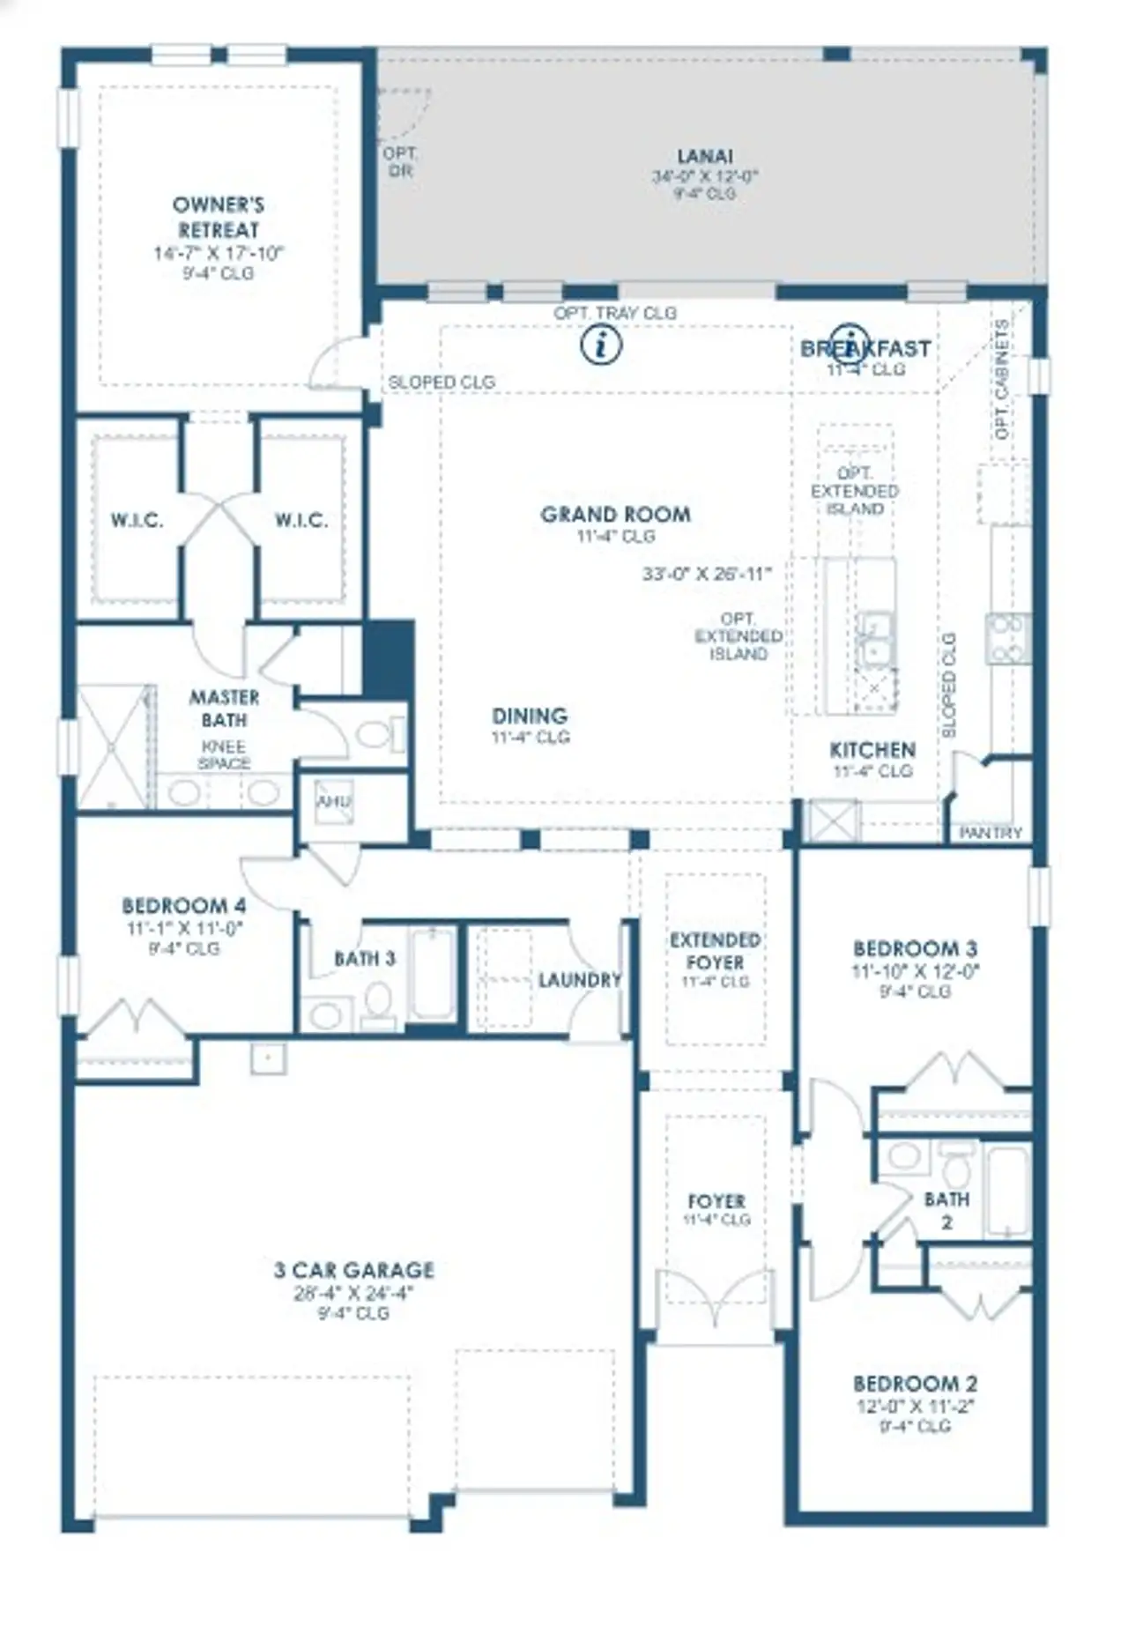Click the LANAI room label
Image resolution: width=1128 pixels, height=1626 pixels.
click(705, 157)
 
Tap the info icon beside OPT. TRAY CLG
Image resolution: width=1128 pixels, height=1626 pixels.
click(602, 344)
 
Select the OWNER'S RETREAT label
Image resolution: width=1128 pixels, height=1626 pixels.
click(218, 217)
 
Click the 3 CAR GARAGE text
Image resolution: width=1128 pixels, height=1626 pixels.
click(353, 1270)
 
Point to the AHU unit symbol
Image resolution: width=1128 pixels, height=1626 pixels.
click(334, 802)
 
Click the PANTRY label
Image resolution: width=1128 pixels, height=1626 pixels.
click(991, 833)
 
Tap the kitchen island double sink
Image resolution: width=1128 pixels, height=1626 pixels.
click(874, 639)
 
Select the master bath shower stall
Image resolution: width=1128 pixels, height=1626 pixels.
click(112, 747)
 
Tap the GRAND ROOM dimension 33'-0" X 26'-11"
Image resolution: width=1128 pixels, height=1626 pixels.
click(707, 574)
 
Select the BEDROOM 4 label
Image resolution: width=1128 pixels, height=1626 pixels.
click(183, 906)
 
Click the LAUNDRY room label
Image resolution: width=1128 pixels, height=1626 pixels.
click(579, 980)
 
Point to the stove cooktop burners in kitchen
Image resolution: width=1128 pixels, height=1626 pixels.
click(1008, 638)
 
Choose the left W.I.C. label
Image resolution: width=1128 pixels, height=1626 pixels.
click(137, 520)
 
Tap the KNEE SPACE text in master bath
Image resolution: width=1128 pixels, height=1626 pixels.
click(224, 755)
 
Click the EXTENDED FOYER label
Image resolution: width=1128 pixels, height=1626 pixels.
click(715, 951)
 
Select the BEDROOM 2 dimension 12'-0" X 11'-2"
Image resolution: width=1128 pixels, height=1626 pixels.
click(915, 1407)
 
